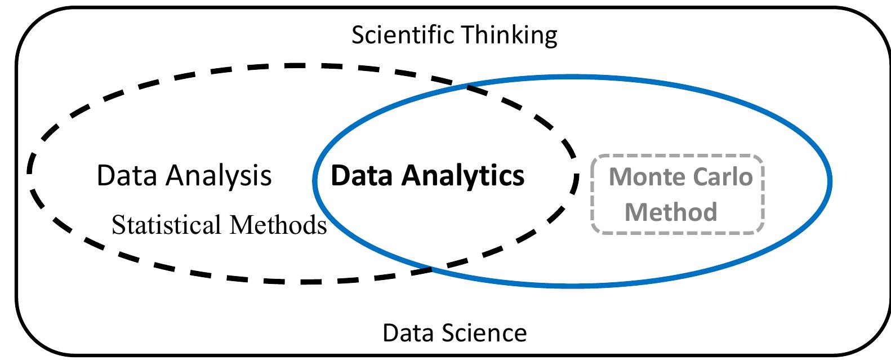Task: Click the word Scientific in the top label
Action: (x=403, y=35)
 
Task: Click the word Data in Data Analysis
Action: (x=127, y=175)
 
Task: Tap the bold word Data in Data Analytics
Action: (x=362, y=175)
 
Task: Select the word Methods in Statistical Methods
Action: (x=278, y=225)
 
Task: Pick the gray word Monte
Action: (x=646, y=177)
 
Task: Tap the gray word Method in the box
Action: (x=671, y=212)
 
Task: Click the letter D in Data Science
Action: (x=389, y=332)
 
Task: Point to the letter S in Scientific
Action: (x=358, y=35)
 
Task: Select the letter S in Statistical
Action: (x=117, y=225)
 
